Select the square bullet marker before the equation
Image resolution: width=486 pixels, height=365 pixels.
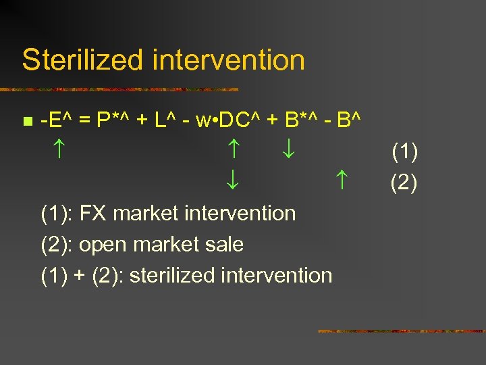coord(26,122)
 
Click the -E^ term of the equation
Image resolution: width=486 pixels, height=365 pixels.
coord(57,121)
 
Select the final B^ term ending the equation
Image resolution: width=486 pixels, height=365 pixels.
coord(348,121)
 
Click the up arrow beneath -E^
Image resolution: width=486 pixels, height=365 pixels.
coord(57,151)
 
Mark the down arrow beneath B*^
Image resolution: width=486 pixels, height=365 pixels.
coord(288,151)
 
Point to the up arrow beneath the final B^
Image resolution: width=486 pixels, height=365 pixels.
coord(342,180)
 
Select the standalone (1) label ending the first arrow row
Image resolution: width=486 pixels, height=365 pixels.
coord(404,151)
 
